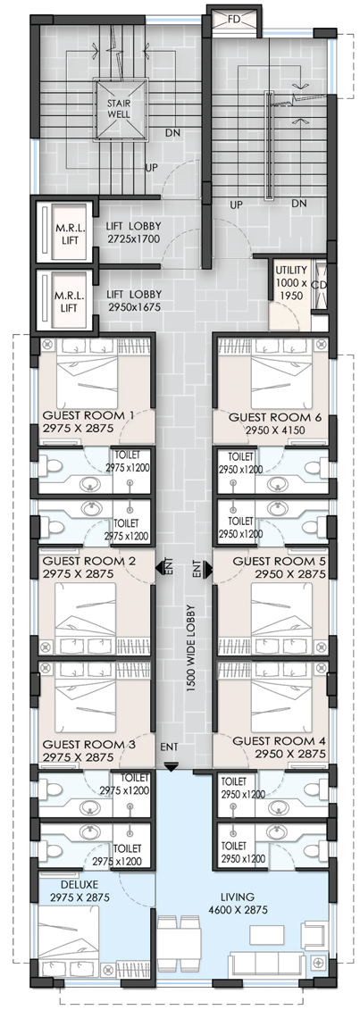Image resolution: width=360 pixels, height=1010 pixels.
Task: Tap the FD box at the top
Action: pos(234,20)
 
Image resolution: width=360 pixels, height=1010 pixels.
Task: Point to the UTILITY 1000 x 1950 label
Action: pos(291,282)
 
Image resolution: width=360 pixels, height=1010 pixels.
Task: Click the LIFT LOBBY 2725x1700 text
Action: pos(133,232)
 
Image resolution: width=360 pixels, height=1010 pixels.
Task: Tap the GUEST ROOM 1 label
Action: pos(87,422)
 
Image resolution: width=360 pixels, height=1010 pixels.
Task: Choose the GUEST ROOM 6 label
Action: pos(276,422)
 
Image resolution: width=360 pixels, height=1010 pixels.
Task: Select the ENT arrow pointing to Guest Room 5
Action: pos(206,570)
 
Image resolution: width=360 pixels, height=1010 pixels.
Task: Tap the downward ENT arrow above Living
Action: pos(171,765)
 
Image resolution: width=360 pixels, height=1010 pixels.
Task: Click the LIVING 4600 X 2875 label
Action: pos(236,903)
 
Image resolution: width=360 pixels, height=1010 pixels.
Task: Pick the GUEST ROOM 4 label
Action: pos(280,747)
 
